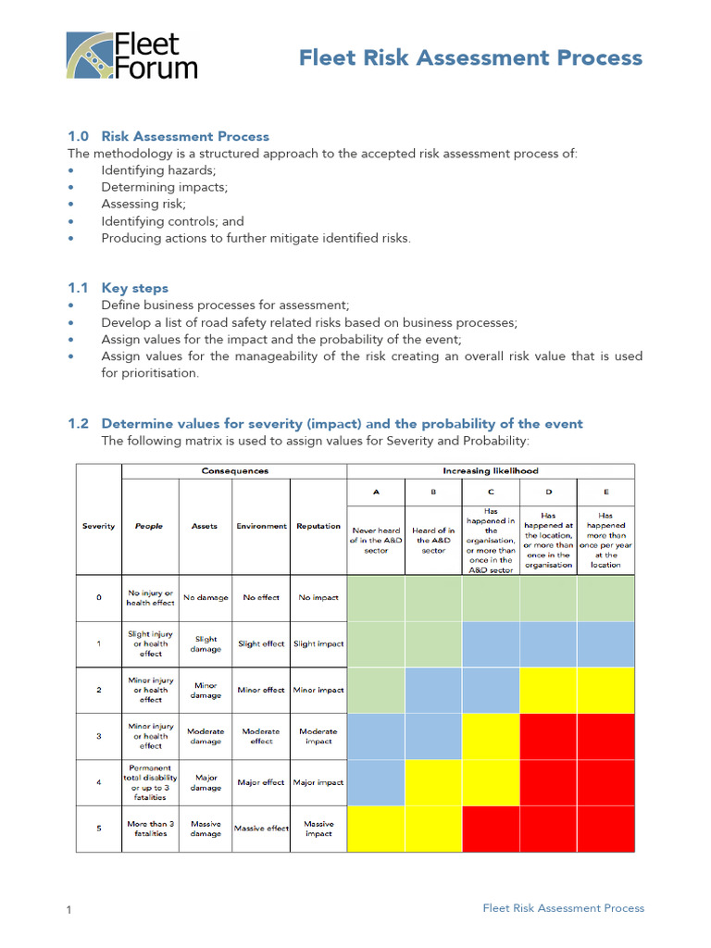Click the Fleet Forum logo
point(131,56)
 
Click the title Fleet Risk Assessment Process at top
point(470,58)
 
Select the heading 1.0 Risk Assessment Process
point(168,136)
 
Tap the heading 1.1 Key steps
point(118,288)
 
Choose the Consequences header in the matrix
point(234,471)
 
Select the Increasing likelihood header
point(491,471)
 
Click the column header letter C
point(491,493)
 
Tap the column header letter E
point(605,493)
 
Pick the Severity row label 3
point(98,736)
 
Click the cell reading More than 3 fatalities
point(150,829)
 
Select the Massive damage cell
point(206,829)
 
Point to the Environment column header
point(261,526)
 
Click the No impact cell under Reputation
point(318,597)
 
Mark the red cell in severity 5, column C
point(491,829)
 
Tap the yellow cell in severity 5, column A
point(375,829)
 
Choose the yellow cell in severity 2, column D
point(548,690)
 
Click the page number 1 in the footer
point(69,911)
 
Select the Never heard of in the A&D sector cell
point(375,541)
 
